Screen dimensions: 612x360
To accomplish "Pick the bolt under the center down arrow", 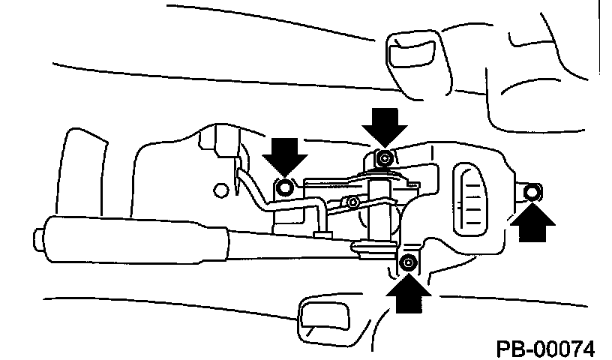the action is pos(384,157).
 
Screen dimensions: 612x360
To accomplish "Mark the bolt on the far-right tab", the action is pos(531,193).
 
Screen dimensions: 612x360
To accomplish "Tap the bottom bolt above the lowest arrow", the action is pos(407,262).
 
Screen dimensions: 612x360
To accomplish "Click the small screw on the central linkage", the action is pos(351,202).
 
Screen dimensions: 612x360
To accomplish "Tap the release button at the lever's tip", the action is pos(37,240).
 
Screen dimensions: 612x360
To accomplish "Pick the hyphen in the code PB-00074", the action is pos(529,349).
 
